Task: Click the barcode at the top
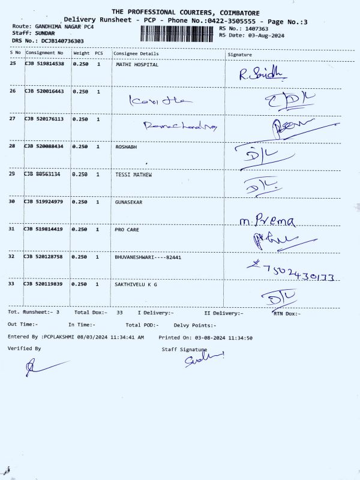177,32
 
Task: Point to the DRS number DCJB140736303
62,41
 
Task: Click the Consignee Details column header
136,54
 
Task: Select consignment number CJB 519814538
44,64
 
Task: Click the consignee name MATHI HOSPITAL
137,64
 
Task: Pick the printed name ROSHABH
127,146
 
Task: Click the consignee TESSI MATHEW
133,175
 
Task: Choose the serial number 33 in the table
13,284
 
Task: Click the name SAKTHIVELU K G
136,284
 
